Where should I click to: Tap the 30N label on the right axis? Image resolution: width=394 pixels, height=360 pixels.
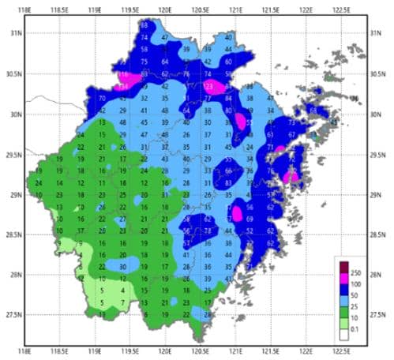377,114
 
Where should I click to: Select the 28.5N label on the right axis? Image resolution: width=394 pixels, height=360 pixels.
380,234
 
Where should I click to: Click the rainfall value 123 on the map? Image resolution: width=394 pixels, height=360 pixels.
209,85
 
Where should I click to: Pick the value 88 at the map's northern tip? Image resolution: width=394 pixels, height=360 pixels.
144,26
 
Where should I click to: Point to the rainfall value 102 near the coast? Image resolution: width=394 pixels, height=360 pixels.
292,170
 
